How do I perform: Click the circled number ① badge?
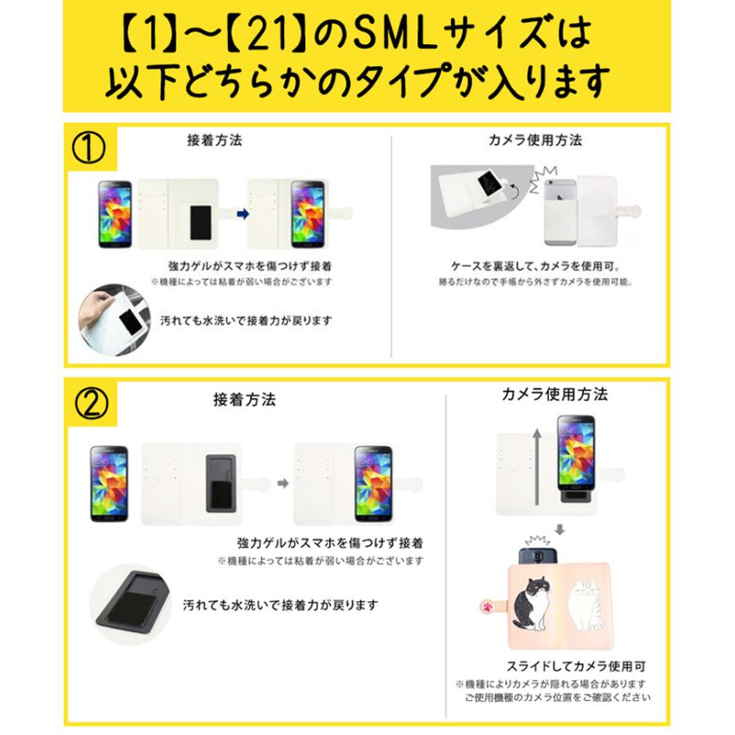[91, 149]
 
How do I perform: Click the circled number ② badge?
[91, 403]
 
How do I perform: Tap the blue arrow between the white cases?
[241, 214]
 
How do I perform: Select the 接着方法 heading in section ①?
[214, 140]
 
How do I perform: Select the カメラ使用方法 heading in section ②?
[555, 394]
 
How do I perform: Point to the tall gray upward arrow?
[537, 470]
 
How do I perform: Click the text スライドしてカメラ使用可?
[555, 666]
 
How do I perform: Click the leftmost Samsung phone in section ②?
[109, 483]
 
